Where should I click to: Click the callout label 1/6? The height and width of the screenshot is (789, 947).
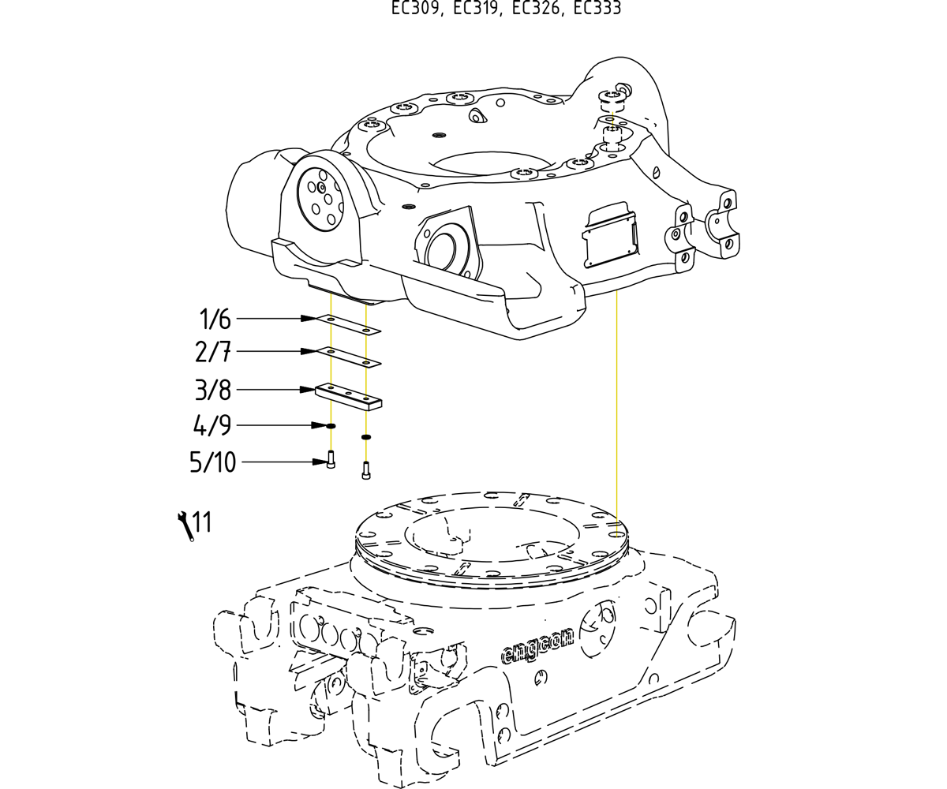pos(215,320)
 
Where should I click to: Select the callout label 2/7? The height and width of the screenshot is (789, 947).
pos(213,352)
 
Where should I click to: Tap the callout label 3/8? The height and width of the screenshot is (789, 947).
pos(213,390)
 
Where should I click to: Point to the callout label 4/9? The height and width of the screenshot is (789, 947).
pos(212,426)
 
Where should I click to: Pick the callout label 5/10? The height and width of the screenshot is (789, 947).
pos(213,462)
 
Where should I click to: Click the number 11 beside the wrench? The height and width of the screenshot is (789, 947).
pos(202,522)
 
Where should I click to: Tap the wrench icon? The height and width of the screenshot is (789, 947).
pos(185,526)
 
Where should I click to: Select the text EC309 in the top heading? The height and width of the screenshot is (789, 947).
pos(417,9)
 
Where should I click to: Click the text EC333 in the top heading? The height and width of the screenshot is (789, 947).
pos(597,9)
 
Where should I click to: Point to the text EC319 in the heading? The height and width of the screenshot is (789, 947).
pos(477,9)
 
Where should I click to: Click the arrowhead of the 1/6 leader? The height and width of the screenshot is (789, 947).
pos(309,319)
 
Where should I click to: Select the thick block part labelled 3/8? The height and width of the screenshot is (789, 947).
pos(349,396)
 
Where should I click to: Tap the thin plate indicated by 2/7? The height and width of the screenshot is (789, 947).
pos(349,357)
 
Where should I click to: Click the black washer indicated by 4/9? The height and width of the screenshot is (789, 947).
pos(331,426)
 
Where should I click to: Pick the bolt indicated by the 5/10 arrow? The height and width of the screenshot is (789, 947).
pos(331,459)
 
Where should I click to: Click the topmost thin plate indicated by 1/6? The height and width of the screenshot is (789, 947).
pos(349,324)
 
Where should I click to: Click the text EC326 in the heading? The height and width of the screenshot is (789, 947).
pos(537,9)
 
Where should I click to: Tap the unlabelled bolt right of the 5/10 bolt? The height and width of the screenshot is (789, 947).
pos(366,469)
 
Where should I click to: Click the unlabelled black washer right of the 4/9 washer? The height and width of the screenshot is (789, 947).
pos(366,436)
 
